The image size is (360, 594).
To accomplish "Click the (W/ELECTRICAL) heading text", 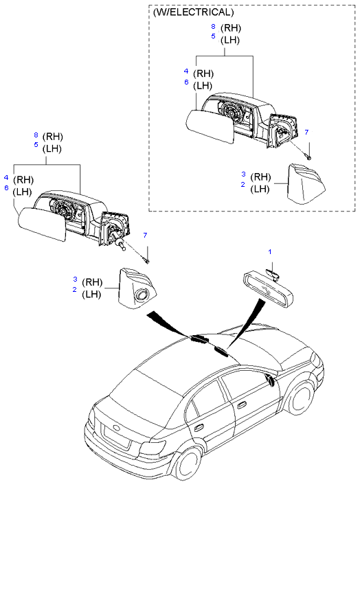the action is [193, 12].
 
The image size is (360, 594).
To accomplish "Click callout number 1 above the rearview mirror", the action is [270, 251].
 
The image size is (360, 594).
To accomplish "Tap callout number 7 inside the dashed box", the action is [306, 133].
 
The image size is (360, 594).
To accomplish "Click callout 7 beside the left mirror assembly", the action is [145, 236].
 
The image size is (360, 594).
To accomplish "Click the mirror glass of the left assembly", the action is [42, 225].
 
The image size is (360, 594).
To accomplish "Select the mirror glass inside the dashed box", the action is [210, 127].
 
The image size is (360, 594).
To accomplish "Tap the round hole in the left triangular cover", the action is [143, 295].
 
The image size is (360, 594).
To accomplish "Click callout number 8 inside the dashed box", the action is [214, 27].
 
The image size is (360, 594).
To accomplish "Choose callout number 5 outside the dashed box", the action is [36, 144].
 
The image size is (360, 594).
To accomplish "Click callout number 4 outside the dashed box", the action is [6, 177].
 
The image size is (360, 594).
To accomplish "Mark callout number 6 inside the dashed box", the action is [186, 82].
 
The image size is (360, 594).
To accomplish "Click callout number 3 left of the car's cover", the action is [75, 279].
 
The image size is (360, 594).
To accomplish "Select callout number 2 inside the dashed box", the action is [243, 185].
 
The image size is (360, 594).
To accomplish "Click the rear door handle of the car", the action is [197, 428].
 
